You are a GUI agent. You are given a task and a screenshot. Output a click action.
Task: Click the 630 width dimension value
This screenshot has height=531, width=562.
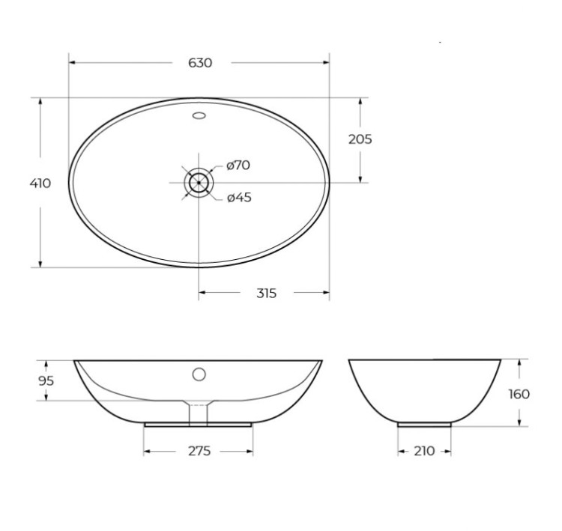click(200, 63)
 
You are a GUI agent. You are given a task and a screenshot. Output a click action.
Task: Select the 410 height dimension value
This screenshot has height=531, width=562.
click(40, 183)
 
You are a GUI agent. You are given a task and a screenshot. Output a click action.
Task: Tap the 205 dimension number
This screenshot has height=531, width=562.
click(360, 139)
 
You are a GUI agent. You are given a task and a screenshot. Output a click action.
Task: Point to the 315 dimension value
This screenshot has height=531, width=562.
click(266, 293)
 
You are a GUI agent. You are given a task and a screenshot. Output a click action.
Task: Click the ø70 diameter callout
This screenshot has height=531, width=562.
click(238, 165)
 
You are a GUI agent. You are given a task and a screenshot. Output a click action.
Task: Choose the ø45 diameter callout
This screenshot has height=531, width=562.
click(238, 198)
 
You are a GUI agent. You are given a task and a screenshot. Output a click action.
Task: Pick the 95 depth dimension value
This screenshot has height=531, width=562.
click(47, 380)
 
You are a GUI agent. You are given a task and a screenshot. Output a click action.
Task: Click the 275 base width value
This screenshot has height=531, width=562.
click(199, 451)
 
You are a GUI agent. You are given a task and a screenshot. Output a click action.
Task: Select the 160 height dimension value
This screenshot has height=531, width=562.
click(519, 394)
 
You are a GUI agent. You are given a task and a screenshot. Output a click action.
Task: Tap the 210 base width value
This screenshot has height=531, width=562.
click(425, 451)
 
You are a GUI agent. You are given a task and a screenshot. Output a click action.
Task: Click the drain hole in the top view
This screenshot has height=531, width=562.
click(199, 182)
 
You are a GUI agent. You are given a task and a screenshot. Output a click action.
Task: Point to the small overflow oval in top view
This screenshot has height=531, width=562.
click(199, 115)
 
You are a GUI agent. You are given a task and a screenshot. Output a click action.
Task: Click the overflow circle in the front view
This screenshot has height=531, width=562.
click(199, 373)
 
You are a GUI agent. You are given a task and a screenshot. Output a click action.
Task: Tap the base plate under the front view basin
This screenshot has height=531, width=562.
click(198, 424)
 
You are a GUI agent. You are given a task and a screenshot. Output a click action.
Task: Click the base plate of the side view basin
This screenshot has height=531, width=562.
click(425, 424)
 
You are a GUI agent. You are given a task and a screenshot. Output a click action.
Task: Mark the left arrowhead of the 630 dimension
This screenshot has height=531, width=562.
click(73, 63)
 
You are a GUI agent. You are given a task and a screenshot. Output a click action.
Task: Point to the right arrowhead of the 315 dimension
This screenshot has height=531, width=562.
click(325, 293)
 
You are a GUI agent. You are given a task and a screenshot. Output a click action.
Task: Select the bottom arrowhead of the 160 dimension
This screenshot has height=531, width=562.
click(519, 422)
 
